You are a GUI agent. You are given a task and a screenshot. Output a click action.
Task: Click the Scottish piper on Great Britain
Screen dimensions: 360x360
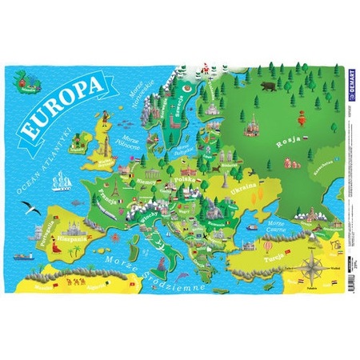coord(78,141)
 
